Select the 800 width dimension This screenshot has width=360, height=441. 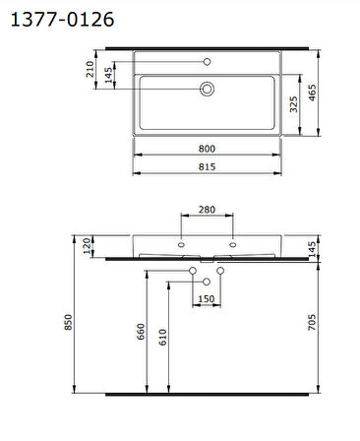pos(207,149)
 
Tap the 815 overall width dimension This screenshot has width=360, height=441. pos(207,166)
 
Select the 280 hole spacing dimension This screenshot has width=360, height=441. pos(207,210)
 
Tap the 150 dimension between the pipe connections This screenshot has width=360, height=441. pos(207,298)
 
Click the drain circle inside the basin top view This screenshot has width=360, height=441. pos(208,89)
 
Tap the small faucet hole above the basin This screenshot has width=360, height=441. pos(208,62)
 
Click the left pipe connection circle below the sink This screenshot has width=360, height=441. pos(193,271)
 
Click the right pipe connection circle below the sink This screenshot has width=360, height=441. pos(221,271)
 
